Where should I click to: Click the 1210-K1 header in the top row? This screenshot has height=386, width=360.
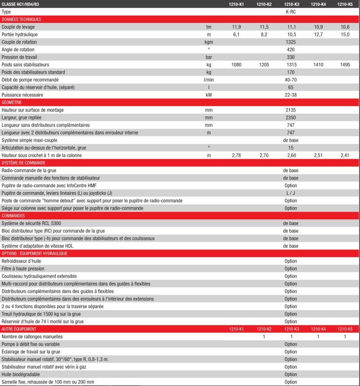pyautogui.click(x=236, y=4)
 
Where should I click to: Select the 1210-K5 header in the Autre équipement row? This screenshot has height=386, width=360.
pyautogui.click(x=345, y=329)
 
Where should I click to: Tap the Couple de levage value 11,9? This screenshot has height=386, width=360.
pyautogui.click(x=236, y=27)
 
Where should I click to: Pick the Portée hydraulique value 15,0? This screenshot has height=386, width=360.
pyautogui.click(x=345, y=35)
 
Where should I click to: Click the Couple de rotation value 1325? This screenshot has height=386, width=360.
pyautogui.click(x=291, y=42)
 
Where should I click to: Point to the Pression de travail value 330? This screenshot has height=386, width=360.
pyautogui.click(x=291, y=57)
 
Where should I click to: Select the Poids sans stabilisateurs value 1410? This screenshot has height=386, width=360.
pyautogui.click(x=318, y=64)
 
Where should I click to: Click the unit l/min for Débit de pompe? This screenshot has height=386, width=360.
pyautogui.click(x=208, y=79)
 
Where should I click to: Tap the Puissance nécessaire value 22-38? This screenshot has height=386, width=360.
pyautogui.click(x=291, y=95)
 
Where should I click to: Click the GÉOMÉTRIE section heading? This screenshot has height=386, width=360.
pyautogui.click(x=15, y=102)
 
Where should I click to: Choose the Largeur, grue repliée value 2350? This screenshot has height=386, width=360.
pyautogui.click(x=291, y=117)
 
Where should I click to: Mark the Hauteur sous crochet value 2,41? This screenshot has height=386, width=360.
pyautogui.click(x=345, y=155)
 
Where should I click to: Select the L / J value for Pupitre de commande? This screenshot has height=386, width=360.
pyautogui.click(x=291, y=193)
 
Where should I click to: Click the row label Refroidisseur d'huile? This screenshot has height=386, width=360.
pyautogui.click(x=21, y=261)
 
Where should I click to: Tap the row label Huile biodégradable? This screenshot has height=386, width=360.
pyautogui.click(x=20, y=374)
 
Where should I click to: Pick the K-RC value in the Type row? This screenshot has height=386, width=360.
pyautogui.click(x=291, y=12)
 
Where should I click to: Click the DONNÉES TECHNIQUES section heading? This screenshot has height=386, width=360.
pyautogui.click(x=21, y=19)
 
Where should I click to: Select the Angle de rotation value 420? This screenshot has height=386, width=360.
pyautogui.click(x=291, y=49)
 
